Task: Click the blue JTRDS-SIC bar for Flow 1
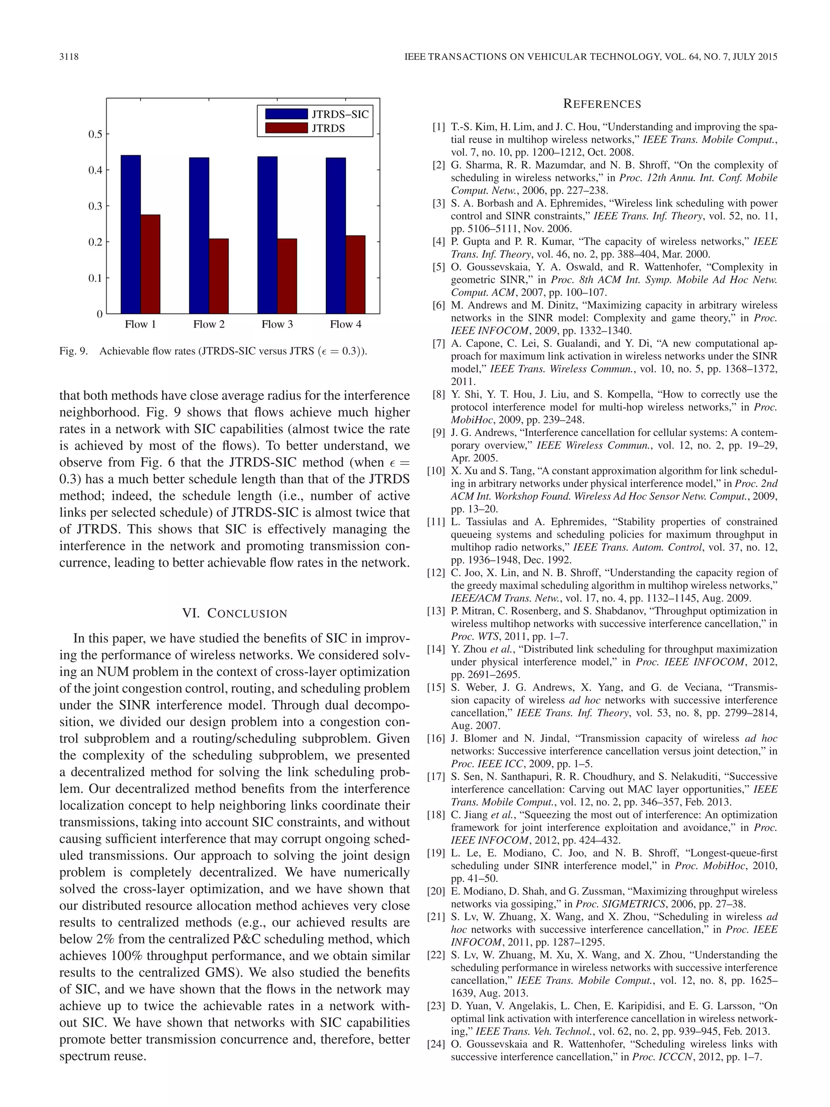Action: (x=130, y=234)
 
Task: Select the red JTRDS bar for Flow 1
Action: (x=150, y=264)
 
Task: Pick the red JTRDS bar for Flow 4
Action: (x=355, y=274)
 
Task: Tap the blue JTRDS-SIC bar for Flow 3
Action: (x=267, y=235)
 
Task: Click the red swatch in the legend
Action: (x=286, y=128)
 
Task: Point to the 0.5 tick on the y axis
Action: (x=95, y=134)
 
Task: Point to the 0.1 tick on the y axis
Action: (x=95, y=278)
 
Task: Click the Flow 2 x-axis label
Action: (x=209, y=324)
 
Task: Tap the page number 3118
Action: (x=69, y=57)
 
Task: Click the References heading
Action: (x=602, y=104)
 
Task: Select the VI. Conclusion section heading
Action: (x=235, y=614)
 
